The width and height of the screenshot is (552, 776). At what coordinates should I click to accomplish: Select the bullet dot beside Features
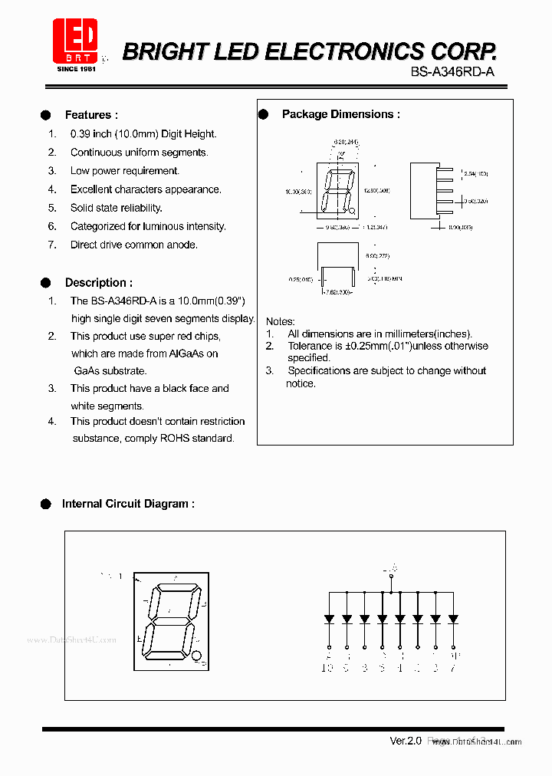pyautogui.click(x=46, y=115)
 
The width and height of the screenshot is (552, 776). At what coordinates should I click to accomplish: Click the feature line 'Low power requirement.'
pyautogui.click(x=124, y=171)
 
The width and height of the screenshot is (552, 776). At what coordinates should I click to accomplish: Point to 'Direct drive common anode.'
pyautogui.click(x=133, y=245)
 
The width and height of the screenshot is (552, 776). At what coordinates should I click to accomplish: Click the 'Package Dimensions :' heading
pyautogui.click(x=340, y=114)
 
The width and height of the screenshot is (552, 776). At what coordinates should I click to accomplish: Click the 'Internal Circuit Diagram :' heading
pyautogui.click(x=127, y=504)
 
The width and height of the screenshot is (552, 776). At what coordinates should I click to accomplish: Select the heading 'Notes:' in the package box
pyautogui.click(x=280, y=321)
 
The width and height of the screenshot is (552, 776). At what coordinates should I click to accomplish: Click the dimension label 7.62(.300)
pyautogui.click(x=337, y=292)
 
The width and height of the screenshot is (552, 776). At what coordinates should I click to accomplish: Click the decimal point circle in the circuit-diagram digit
pyautogui.click(x=196, y=656)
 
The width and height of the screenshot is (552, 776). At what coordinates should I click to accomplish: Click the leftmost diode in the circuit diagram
pyautogui.click(x=329, y=618)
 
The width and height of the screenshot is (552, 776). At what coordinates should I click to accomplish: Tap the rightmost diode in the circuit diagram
pyautogui.click(x=453, y=618)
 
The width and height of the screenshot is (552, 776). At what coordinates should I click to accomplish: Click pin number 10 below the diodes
pyautogui.click(x=327, y=668)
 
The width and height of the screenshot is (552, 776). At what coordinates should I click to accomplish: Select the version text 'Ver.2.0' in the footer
pyautogui.click(x=406, y=741)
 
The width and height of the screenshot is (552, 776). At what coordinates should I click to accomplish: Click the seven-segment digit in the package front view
pyautogui.click(x=338, y=192)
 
